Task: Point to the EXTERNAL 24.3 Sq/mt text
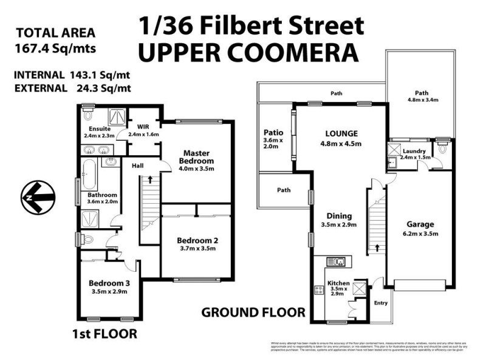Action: pos(72,88)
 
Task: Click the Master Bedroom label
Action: pos(196,157)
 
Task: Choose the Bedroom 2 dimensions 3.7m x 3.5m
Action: pos(196,248)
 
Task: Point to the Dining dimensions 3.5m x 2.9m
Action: pos(340,224)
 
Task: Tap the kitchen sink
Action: pos(335,261)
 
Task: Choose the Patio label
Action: pos(270,132)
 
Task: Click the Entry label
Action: pos(381,303)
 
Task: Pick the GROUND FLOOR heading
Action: pos(253,312)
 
